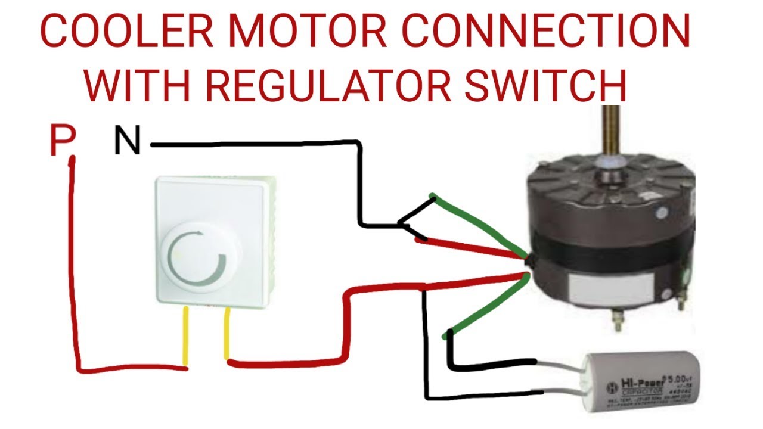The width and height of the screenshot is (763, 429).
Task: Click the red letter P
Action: click(x=62, y=141)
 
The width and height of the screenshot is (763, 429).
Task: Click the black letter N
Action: click(x=126, y=142)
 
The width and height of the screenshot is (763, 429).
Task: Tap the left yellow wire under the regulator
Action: click(x=185, y=337)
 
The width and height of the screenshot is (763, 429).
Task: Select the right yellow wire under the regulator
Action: click(x=227, y=334)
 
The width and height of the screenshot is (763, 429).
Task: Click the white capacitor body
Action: click(x=638, y=381)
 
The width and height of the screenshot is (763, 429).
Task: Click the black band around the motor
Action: click(x=608, y=250)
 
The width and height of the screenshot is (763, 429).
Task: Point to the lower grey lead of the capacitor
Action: click(x=563, y=392)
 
